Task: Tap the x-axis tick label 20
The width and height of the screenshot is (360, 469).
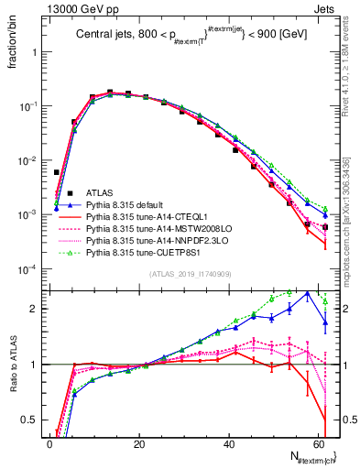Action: (139, 443)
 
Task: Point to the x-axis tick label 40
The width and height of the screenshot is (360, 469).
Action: (229, 443)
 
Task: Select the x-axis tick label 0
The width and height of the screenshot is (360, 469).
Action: (50, 443)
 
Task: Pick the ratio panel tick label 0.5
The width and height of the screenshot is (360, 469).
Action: (31, 420)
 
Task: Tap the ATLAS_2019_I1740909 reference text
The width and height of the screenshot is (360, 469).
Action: (190, 275)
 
